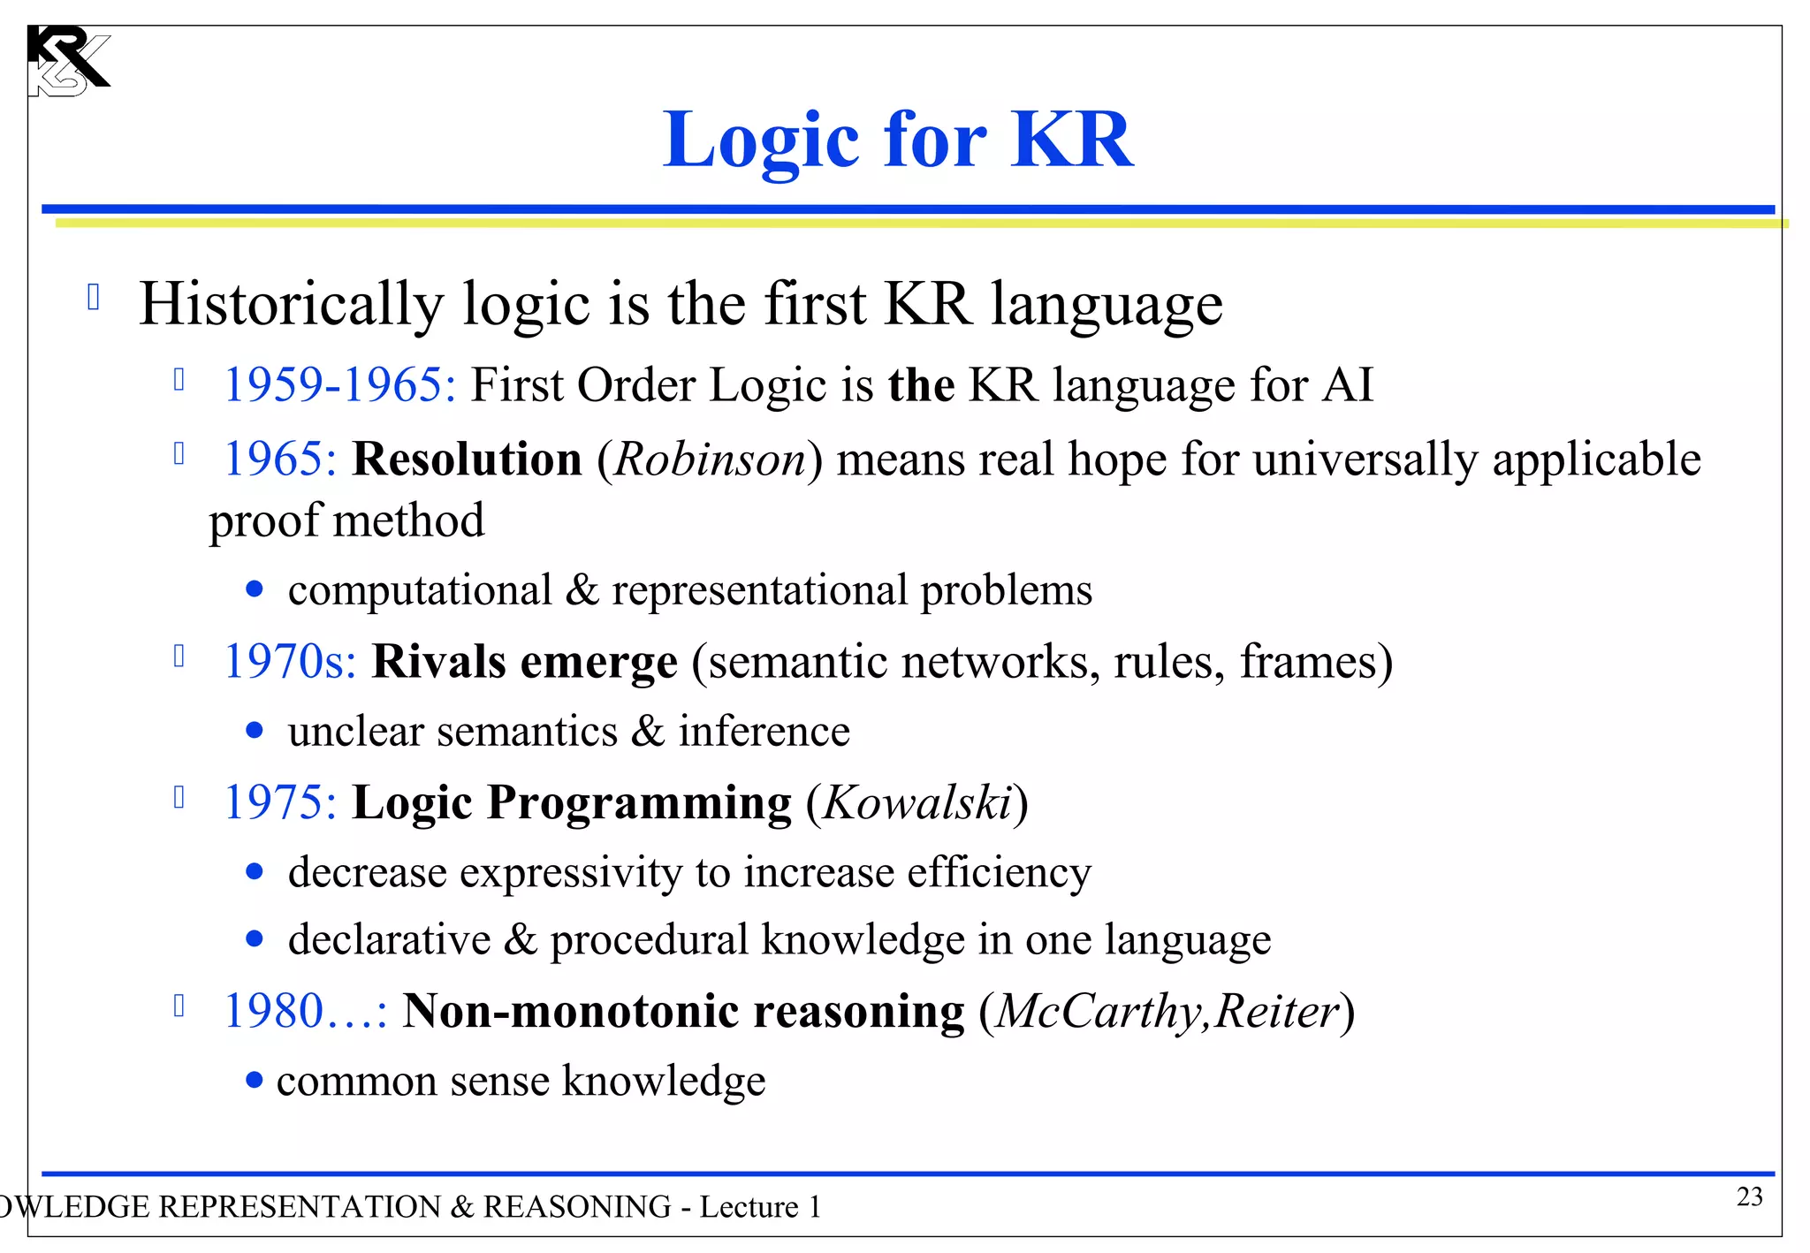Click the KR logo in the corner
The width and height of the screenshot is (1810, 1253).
pyautogui.click(x=68, y=60)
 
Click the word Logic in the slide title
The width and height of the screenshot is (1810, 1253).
pyautogui.click(x=761, y=141)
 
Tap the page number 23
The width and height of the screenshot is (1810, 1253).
pyautogui.click(x=1749, y=1196)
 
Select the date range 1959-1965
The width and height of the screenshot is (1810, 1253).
pyautogui.click(x=339, y=386)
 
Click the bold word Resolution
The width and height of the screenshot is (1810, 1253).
pyautogui.click(x=467, y=460)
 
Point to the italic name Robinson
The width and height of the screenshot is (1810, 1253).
pyautogui.click(x=710, y=460)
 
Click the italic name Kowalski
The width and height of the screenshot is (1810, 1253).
pyautogui.click(x=917, y=803)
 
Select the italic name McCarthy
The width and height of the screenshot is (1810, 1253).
pyautogui.click(x=1100, y=1012)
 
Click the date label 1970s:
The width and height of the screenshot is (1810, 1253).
pyautogui.click(x=290, y=662)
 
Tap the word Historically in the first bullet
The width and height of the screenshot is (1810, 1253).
pyautogui.click(x=291, y=305)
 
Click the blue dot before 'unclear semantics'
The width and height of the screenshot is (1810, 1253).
pyautogui.click(x=255, y=731)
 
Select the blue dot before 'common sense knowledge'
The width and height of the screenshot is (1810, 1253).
pyautogui.click(x=255, y=1080)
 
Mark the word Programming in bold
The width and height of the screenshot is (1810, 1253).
pyautogui.click(x=639, y=803)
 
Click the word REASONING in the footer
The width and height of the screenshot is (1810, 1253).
pyautogui.click(x=576, y=1207)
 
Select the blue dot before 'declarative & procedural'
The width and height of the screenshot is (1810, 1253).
pyautogui.click(x=255, y=939)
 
